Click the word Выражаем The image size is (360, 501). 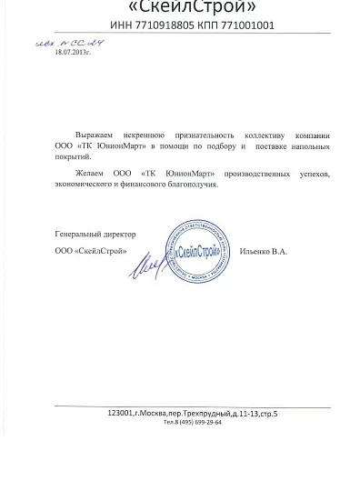[91, 132]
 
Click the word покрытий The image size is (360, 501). [75, 158]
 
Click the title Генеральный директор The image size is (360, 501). [91, 234]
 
